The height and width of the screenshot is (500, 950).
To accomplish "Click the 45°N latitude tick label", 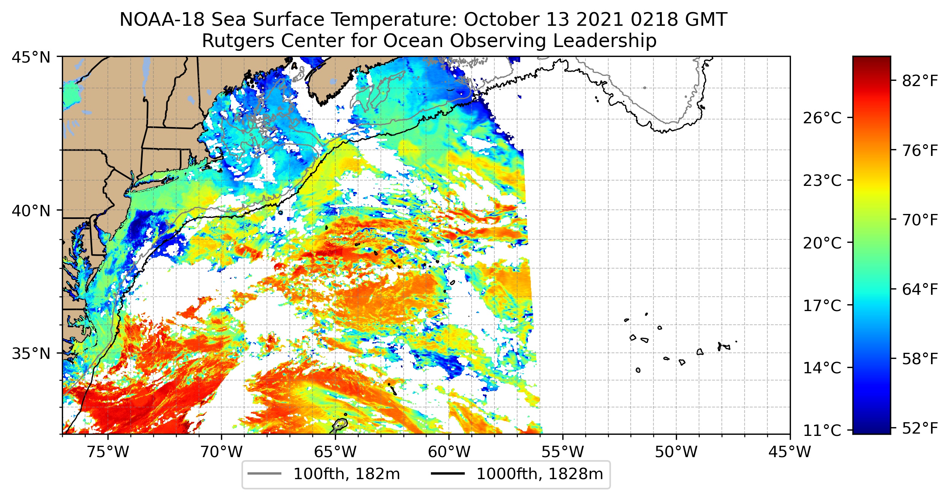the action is (x=31, y=57).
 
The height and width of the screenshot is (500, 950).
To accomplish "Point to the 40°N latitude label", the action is (x=31, y=211).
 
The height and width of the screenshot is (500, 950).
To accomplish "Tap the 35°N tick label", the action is (x=31, y=354).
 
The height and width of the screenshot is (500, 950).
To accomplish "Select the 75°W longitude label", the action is (x=108, y=452).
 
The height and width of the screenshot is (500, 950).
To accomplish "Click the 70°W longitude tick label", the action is (x=221, y=452).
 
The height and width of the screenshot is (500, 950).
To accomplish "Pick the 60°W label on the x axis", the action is (x=449, y=452).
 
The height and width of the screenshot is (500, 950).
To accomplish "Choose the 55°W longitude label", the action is (x=562, y=452).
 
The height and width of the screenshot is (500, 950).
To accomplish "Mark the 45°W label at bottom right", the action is (x=790, y=452).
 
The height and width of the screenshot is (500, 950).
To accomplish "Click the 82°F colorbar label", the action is (x=920, y=81).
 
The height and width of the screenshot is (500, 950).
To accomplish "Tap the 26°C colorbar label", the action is (x=822, y=118).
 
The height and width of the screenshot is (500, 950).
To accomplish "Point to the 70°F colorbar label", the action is (x=920, y=220).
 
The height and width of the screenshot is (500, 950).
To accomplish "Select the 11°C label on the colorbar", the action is (x=822, y=431).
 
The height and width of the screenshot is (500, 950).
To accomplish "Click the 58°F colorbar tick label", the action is (x=920, y=358).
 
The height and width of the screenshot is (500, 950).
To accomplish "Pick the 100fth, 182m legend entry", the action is (x=324, y=474).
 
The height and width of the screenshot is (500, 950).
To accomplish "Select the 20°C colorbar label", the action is (x=822, y=243).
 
